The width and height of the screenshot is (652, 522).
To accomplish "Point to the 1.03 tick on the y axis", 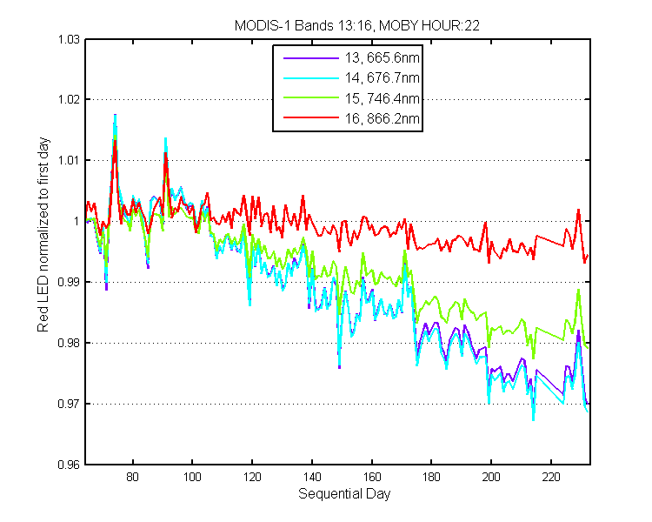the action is pyautogui.click(x=68, y=39).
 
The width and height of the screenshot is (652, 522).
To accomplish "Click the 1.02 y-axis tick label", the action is pyautogui.click(x=68, y=99).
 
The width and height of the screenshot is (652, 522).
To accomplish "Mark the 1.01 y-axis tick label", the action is pyautogui.click(x=68, y=160).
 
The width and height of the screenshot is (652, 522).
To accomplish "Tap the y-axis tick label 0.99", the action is pyautogui.click(x=68, y=282).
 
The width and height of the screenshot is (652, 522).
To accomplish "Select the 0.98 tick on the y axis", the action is pyautogui.click(x=68, y=343).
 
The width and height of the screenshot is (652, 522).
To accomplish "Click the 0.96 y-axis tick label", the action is pyautogui.click(x=68, y=465).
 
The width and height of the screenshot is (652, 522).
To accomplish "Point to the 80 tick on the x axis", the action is pyautogui.click(x=133, y=477).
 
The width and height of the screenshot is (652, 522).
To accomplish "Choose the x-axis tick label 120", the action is pyautogui.click(x=252, y=477).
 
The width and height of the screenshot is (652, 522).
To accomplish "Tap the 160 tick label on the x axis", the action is pyautogui.click(x=372, y=477).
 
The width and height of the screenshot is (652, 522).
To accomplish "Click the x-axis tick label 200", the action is pyautogui.click(x=491, y=477).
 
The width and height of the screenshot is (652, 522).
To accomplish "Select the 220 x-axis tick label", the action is pyautogui.click(x=551, y=477).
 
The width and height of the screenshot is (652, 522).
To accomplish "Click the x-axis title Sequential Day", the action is pyautogui.click(x=344, y=494).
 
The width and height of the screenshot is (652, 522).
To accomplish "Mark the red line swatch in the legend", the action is pyautogui.click(x=311, y=118).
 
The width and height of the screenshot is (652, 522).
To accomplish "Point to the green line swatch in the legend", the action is pyautogui.click(x=311, y=97).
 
